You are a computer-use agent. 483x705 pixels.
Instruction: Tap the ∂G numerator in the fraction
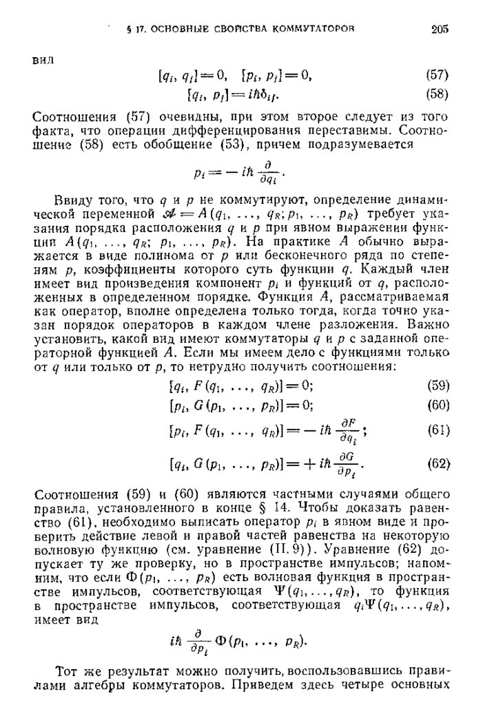(x=341, y=458)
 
